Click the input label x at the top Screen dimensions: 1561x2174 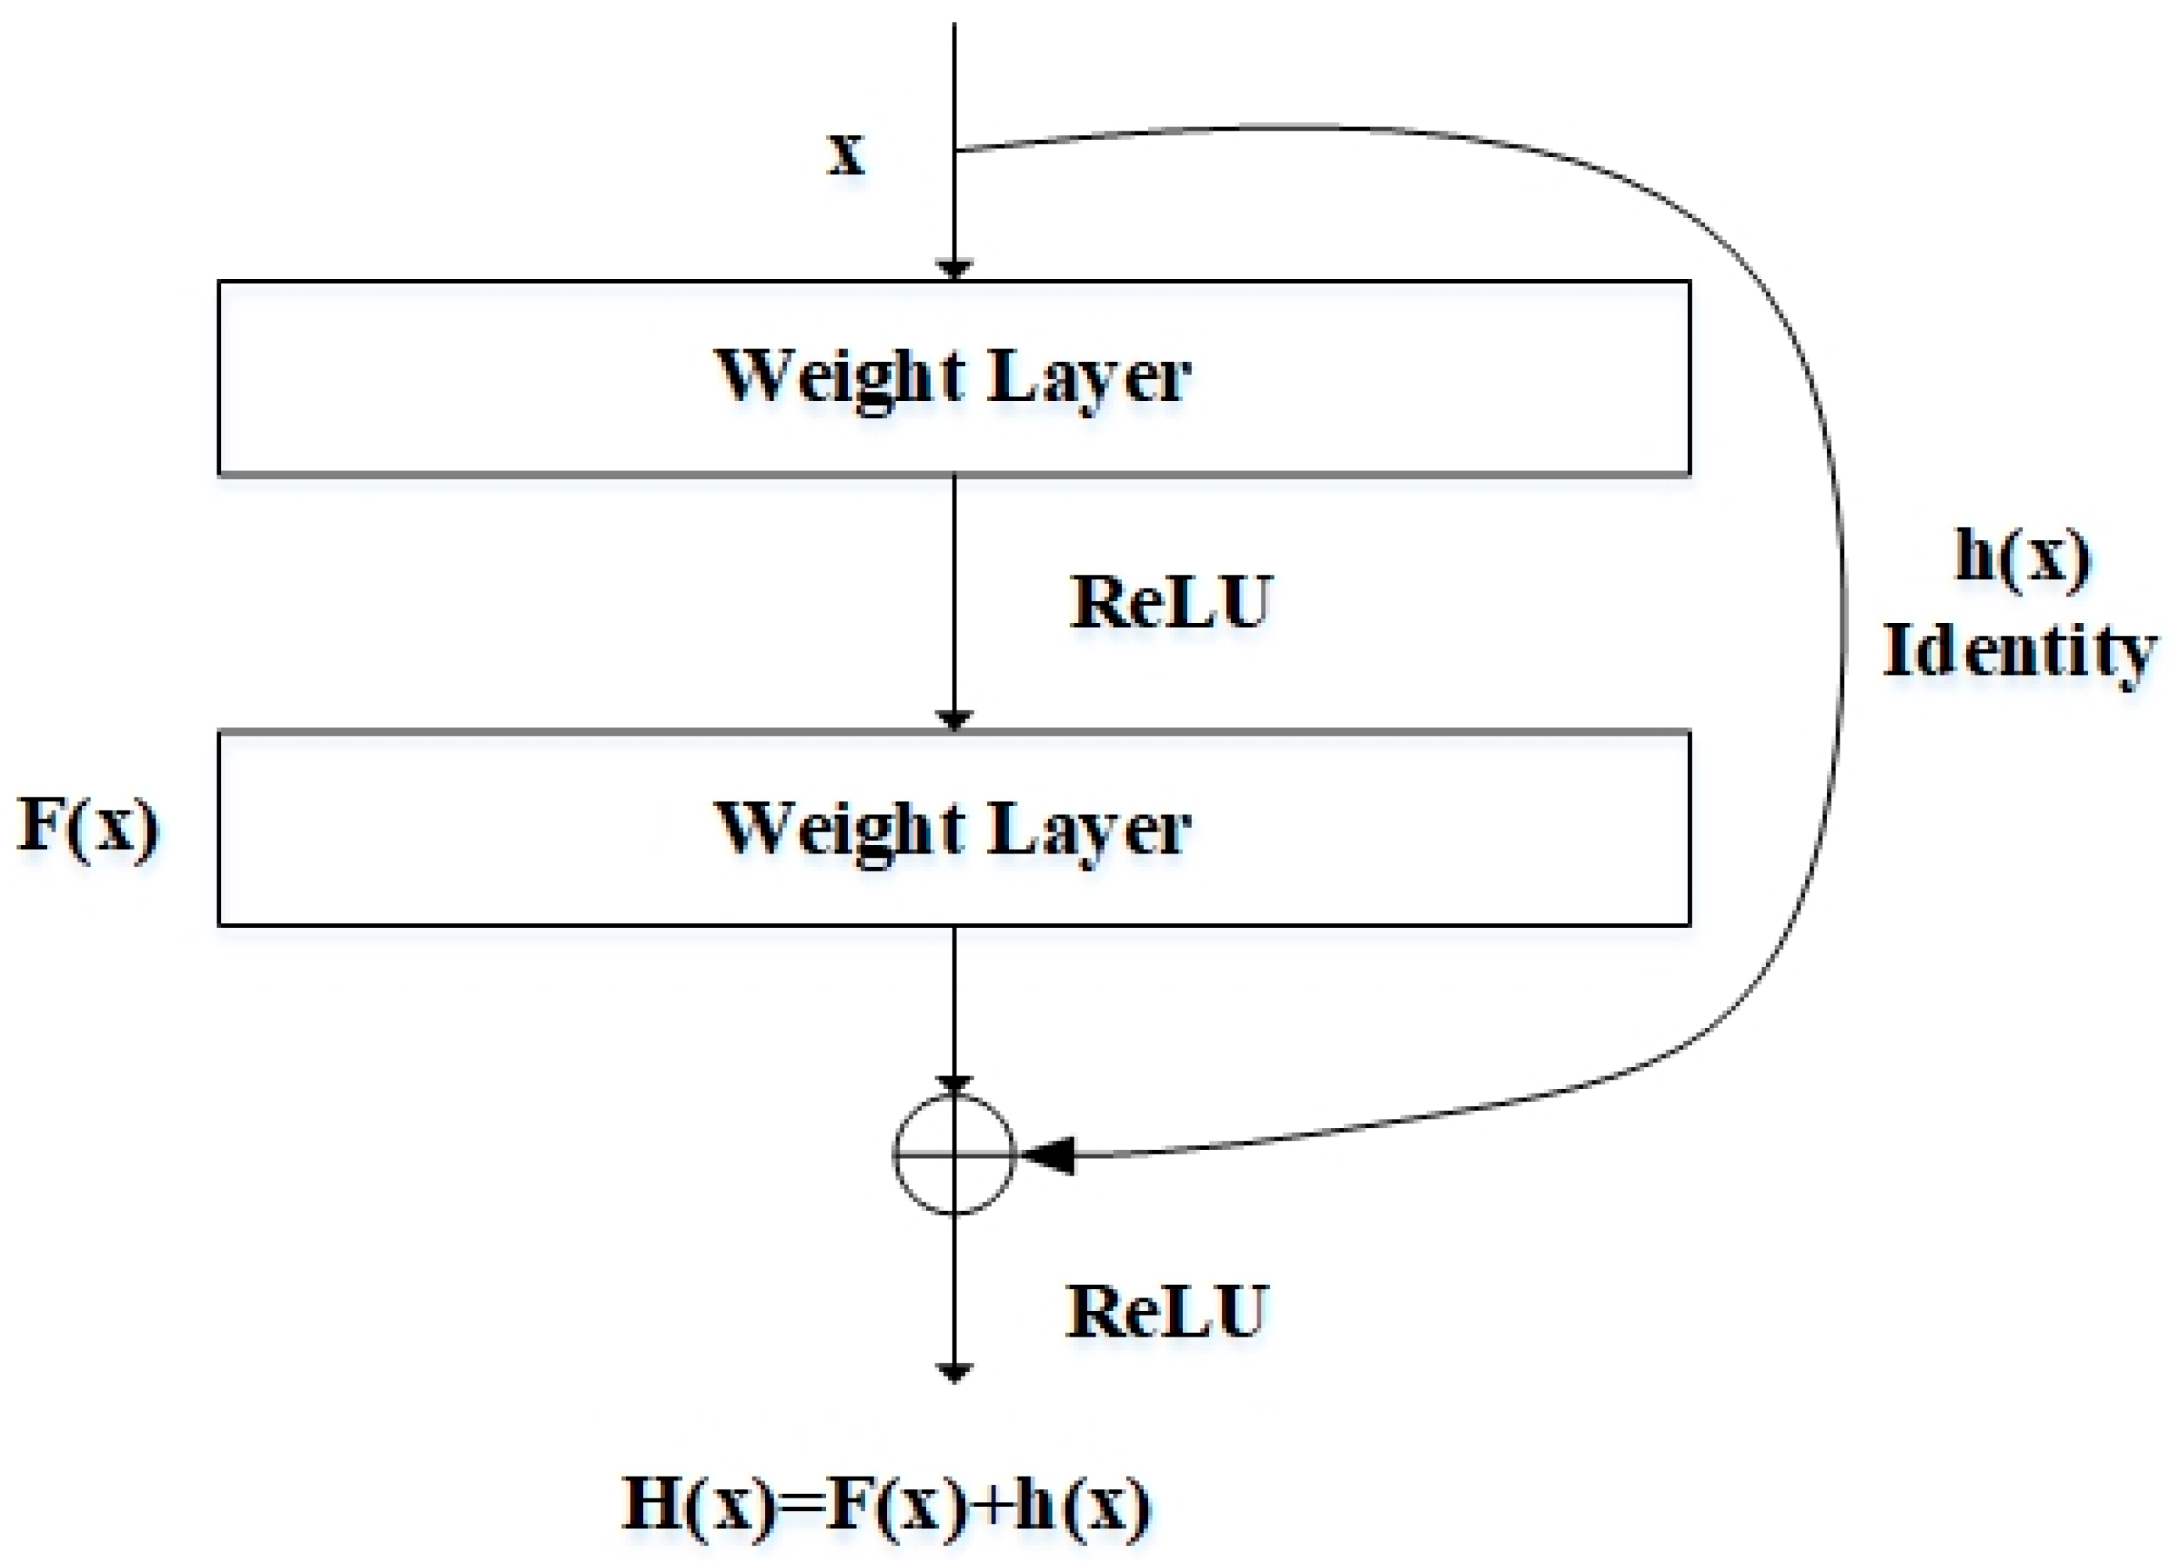tap(846, 153)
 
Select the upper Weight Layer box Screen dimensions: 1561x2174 tap(953, 378)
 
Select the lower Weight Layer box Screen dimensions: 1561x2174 tap(953, 829)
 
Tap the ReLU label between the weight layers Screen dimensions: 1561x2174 tap(1171, 603)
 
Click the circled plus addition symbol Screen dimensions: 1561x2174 tap(953, 1155)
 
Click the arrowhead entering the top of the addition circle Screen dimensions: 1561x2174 tap(953, 1084)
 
